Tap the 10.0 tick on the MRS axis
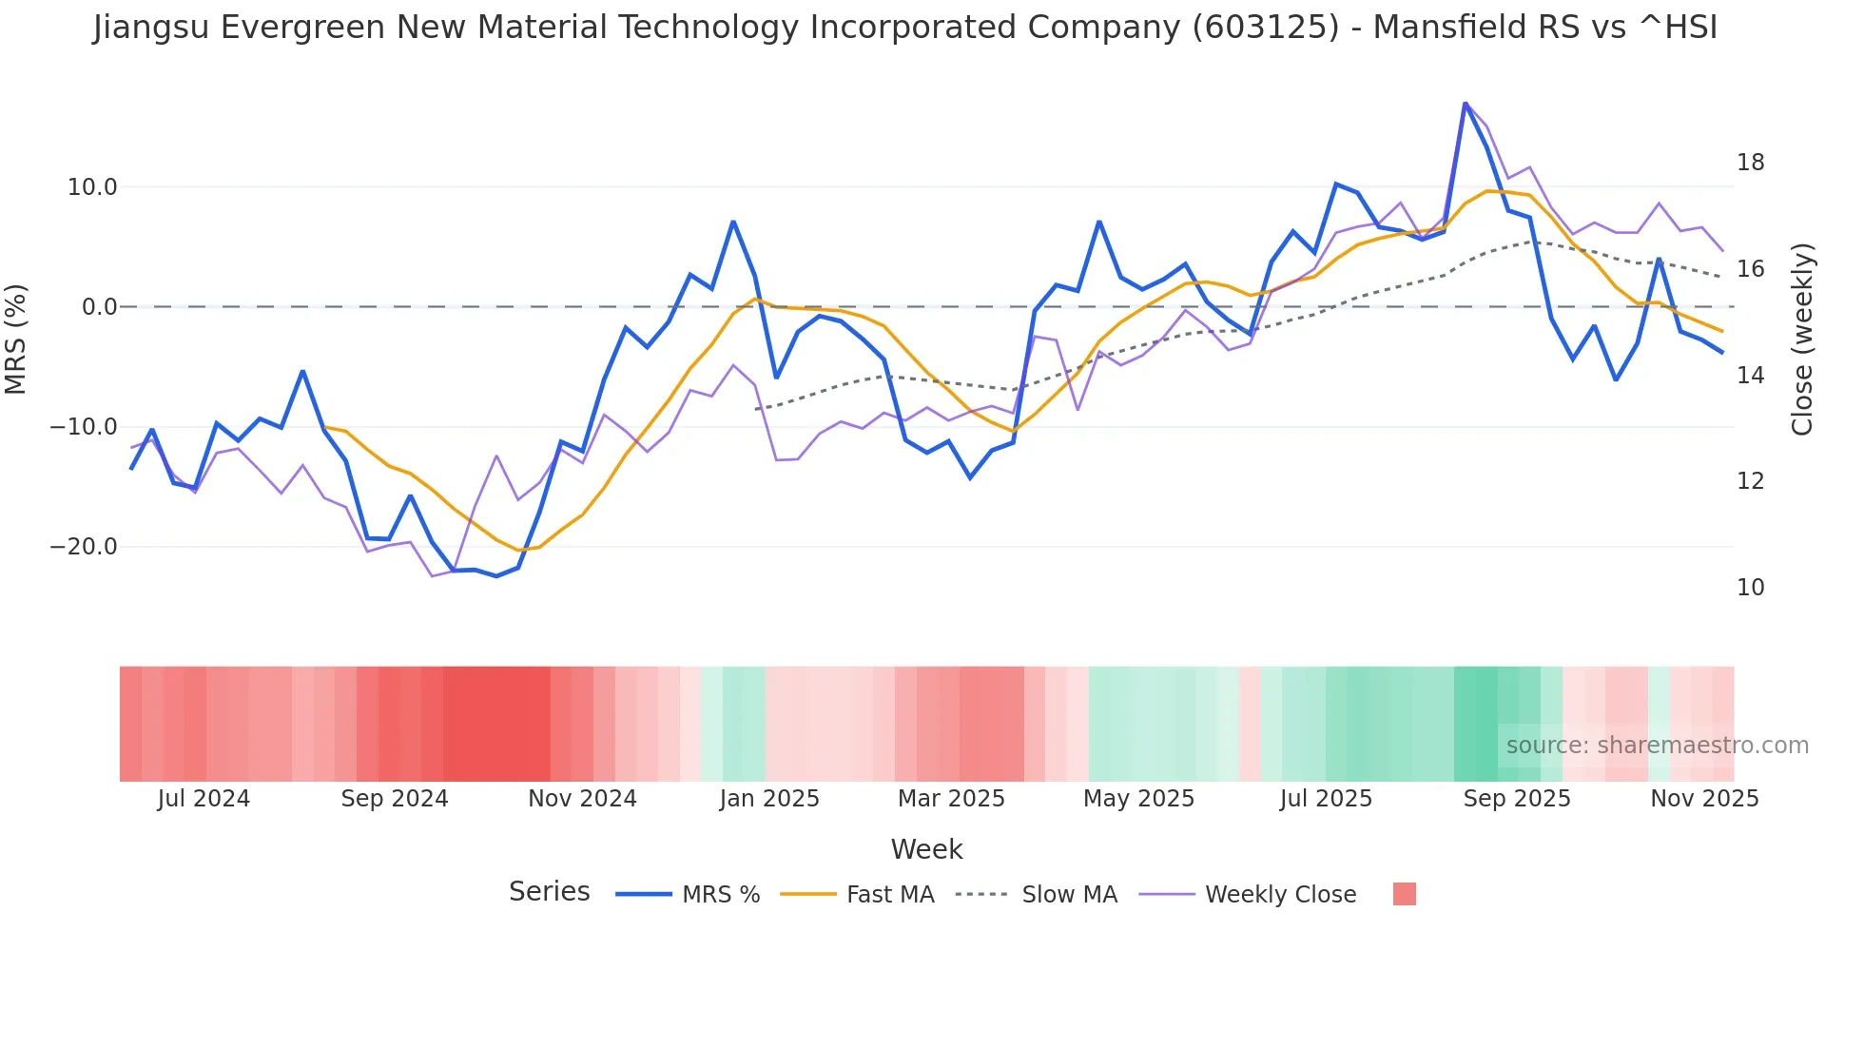tap(92, 187)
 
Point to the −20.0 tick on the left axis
tap(85, 547)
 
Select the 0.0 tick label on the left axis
tap(100, 307)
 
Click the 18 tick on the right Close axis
tap(1750, 163)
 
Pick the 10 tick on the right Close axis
tap(1750, 588)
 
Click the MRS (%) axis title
tap(16, 339)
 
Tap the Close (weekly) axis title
tap(1801, 339)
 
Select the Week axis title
tap(926, 849)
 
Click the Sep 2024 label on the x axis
tap(395, 799)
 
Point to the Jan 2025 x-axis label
tap(769, 799)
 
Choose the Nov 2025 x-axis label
tap(1704, 799)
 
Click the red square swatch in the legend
tap(1404, 894)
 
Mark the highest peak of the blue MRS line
tap(1466, 104)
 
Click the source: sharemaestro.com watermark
tap(1657, 746)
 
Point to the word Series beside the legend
tap(549, 892)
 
